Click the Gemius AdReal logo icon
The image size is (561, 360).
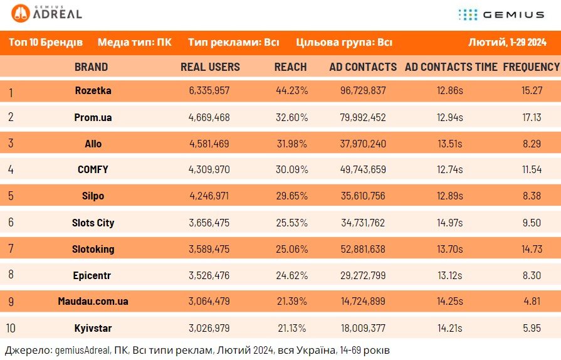coord(21,14)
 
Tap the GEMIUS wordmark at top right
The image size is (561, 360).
coord(513,14)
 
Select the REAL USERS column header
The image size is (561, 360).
coord(210,67)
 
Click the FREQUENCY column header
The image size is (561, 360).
coord(532,67)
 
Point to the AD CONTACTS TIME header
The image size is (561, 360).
coord(451,67)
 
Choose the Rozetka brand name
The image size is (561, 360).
coord(93,90)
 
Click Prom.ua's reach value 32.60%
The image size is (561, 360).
coord(291,117)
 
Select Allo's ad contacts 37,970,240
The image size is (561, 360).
coord(363,144)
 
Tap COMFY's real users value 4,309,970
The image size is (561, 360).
coord(209,169)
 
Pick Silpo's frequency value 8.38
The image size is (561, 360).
coord(532,196)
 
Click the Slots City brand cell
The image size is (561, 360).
coord(93,223)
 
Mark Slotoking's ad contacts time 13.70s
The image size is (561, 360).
coord(449,249)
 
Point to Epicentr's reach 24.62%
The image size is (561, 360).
coord(291,275)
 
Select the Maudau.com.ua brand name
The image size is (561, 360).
coord(93,301)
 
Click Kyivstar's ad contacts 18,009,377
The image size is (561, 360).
coord(363,328)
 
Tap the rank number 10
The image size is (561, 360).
coord(11,328)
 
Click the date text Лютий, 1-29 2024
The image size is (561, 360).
coord(507,43)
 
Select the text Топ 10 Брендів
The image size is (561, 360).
coord(46,43)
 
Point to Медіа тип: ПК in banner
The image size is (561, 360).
coord(135,43)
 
